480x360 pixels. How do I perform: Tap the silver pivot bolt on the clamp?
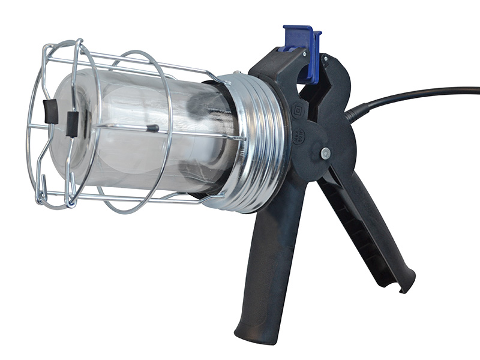pos(325,153)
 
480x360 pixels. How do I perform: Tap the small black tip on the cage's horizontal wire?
pos(152,128)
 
